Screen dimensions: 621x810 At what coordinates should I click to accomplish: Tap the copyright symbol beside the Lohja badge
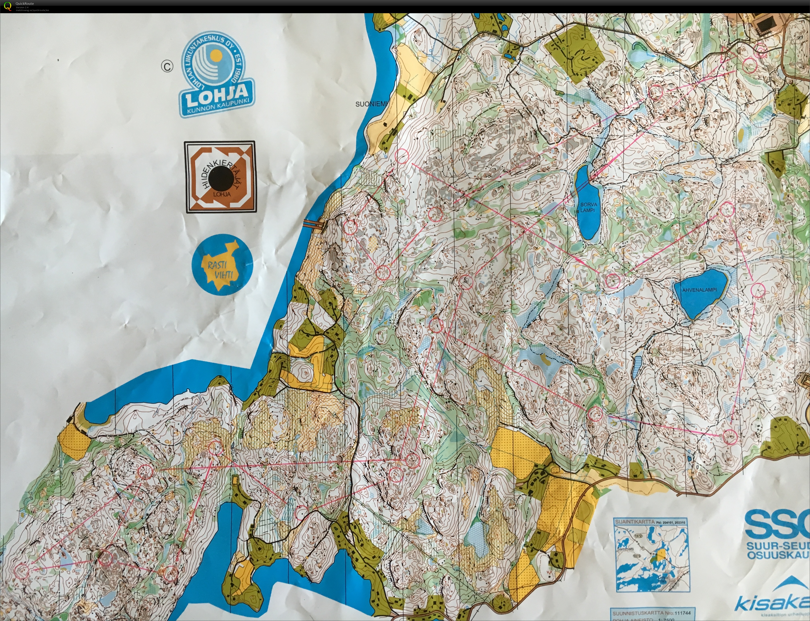tap(167, 66)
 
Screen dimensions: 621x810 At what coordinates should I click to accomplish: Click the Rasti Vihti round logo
tap(222, 265)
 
